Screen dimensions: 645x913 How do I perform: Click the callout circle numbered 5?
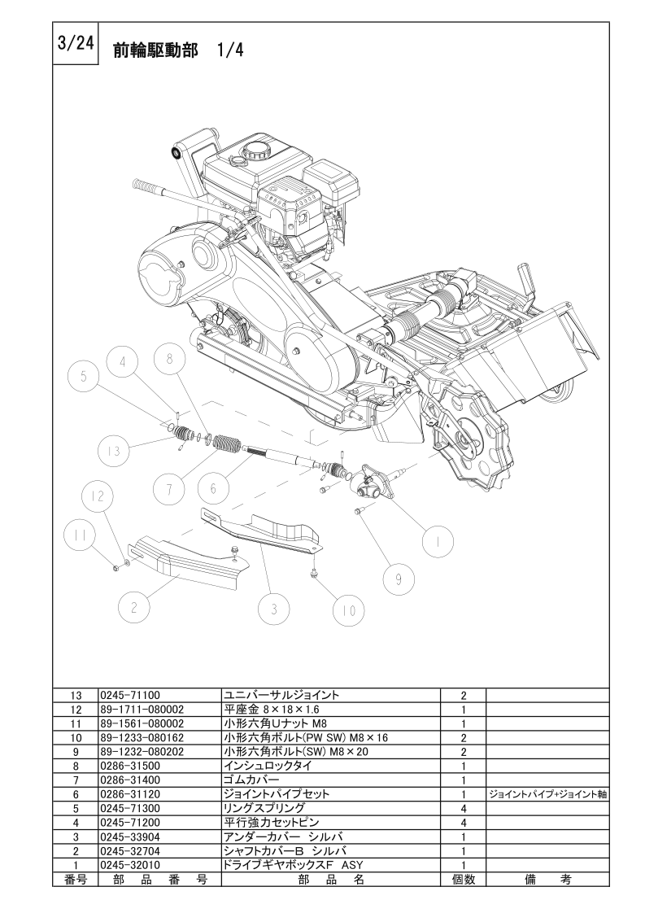[84, 378]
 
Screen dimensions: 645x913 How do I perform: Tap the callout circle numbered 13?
[114, 450]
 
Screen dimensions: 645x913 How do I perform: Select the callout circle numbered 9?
[399, 579]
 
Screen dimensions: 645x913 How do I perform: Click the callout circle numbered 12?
[98, 496]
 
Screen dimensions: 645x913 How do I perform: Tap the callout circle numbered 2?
[134, 608]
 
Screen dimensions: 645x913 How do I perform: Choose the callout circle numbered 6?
[214, 488]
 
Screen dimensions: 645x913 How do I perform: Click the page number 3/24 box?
[76, 44]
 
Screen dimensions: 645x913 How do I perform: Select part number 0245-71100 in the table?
[130, 695]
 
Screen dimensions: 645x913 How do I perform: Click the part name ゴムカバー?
[251, 780]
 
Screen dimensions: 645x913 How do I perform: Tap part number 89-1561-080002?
[142, 723]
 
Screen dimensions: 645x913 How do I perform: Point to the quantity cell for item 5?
[464, 808]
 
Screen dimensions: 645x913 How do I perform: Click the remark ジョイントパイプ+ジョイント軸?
[547, 794]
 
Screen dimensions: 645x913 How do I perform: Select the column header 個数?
[464, 879]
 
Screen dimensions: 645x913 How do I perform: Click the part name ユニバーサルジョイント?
[281, 695]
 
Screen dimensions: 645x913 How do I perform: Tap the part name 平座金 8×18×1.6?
[272, 710]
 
